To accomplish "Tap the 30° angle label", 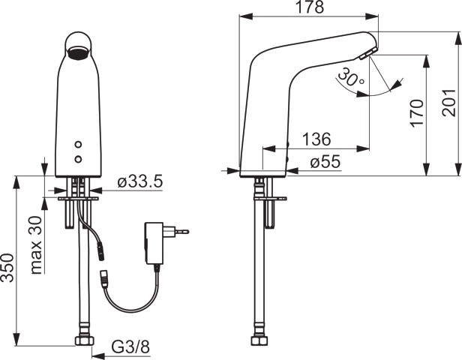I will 350,77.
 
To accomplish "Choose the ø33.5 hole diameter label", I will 140,181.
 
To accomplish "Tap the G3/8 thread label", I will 131,347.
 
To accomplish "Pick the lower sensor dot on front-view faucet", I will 78,158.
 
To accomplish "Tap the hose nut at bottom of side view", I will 260,343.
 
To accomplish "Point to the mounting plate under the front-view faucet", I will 78,199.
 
